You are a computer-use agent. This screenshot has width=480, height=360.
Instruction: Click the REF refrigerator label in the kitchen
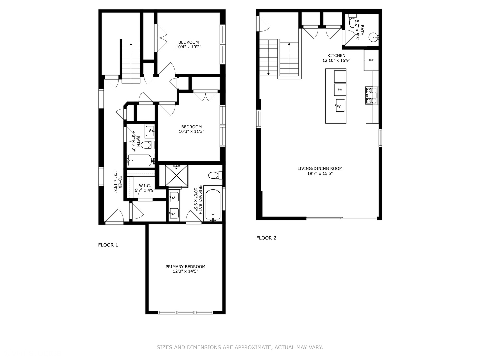371,60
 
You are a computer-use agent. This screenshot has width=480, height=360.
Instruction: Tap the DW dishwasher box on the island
340,90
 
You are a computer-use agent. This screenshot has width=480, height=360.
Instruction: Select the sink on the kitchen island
340,105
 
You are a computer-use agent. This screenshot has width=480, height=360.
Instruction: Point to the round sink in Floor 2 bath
373,37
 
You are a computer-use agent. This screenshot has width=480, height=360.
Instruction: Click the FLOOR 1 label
108,245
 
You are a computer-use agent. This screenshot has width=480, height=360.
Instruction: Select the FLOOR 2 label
266,238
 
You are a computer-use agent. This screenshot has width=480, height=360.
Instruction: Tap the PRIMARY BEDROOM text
185,267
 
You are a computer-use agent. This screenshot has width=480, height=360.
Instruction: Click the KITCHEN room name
336,56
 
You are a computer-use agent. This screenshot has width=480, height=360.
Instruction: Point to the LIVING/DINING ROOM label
320,169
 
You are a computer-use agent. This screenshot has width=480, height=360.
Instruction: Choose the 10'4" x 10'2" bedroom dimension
188,47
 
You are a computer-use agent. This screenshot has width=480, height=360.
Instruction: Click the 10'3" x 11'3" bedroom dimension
191,132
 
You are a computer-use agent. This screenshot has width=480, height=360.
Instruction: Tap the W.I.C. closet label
145,186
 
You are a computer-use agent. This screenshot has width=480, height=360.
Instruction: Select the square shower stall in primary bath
173,175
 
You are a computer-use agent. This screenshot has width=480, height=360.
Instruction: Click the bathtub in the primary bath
213,204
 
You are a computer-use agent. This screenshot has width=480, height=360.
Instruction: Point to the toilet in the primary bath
214,175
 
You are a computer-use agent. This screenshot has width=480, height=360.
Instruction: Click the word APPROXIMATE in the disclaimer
253,347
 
